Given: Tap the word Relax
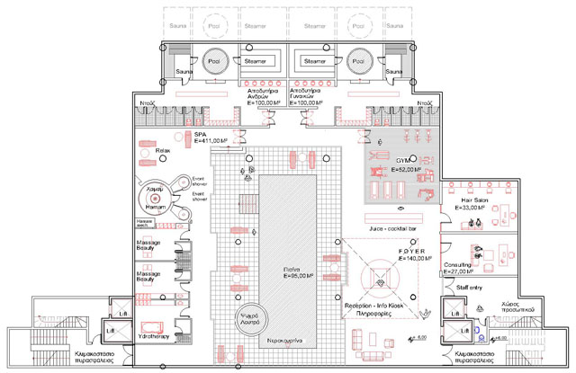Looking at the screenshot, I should coord(163,151).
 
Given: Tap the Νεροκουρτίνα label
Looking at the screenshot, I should coord(285,342).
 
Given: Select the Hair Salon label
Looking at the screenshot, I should coord(473,200).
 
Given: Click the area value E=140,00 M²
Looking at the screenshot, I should coord(398,259).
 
